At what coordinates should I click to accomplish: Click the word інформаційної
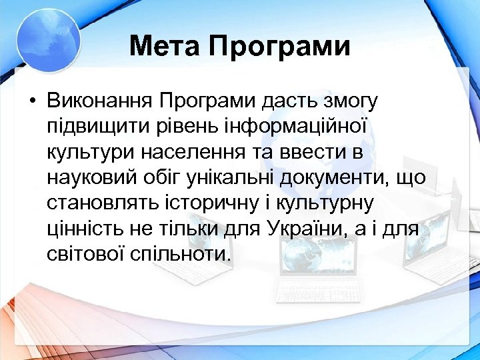pyautogui.click(x=303, y=127)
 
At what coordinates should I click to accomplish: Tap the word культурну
pyautogui.click(x=330, y=203)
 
